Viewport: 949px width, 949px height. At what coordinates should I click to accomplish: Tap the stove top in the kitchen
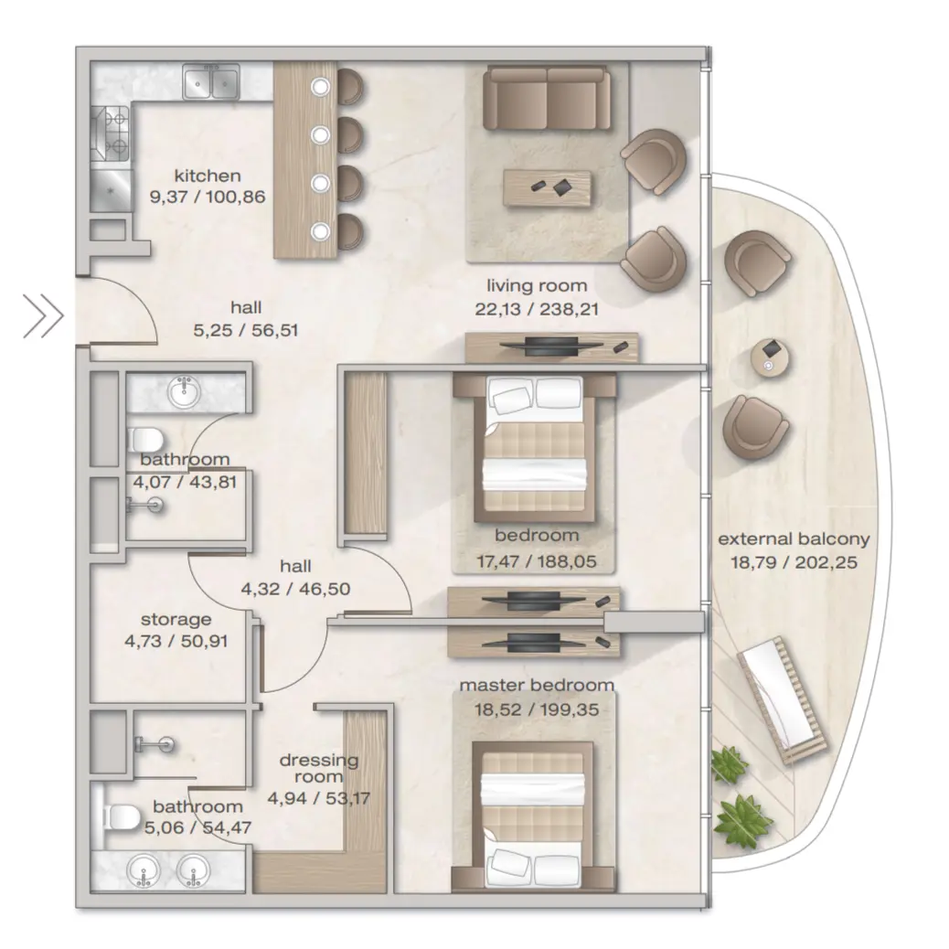click(x=111, y=133)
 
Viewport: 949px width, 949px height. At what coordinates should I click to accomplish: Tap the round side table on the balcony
click(x=769, y=356)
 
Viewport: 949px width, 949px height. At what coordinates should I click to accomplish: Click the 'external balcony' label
click(x=794, y=538)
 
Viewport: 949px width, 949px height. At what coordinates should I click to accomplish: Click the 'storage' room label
click(x=176, y=620)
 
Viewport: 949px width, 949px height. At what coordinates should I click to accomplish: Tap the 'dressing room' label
click(x=319, y=768)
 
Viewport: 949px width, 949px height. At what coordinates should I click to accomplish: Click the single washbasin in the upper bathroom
click(x=186, y=392)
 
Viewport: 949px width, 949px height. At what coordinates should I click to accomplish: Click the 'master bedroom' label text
click(x=537, y=685)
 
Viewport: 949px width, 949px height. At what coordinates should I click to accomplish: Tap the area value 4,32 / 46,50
click(x=295, y=589)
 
